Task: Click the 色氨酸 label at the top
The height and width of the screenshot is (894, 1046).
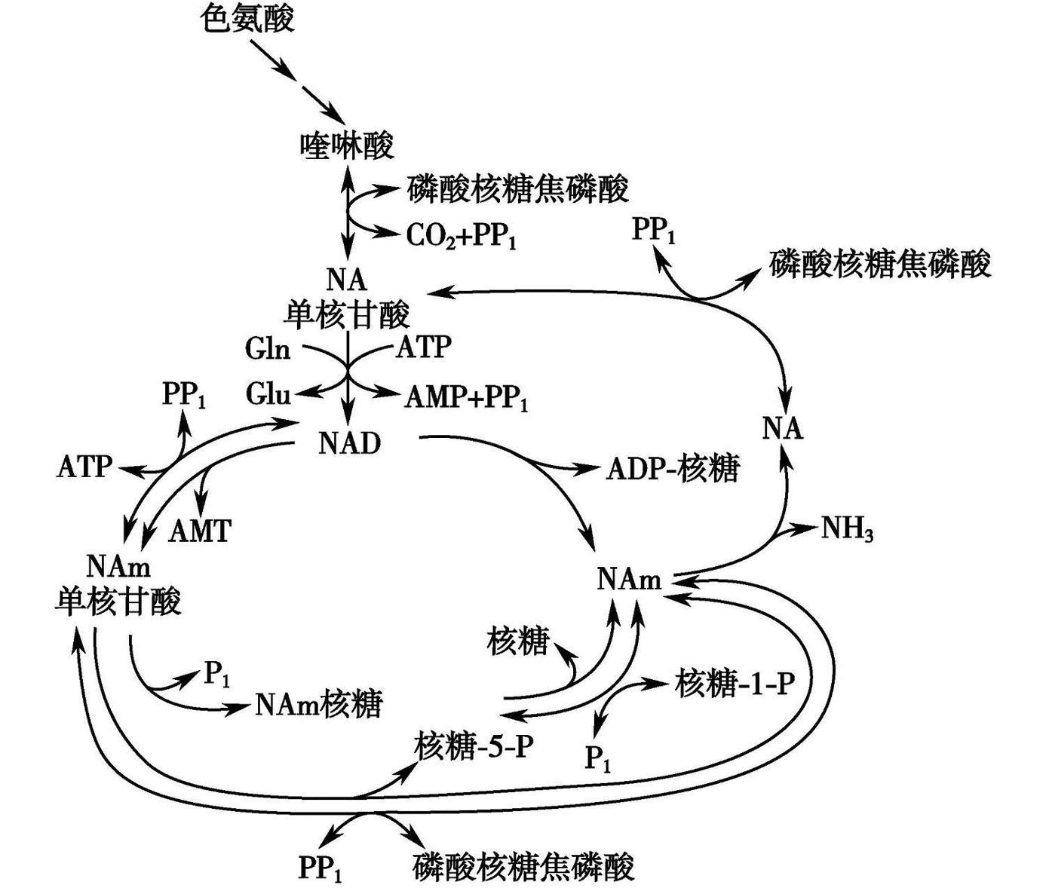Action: click(x=248, y=19)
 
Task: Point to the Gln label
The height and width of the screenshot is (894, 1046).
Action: click(x=268, y=348)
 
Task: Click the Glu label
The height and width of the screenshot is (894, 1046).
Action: click(x=268, y=393)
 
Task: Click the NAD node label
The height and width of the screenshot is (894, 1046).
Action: click(x=349, y=443)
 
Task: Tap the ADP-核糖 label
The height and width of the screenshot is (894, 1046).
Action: click(x=673, y=469)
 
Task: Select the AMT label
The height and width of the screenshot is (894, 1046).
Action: click(x=199, y=531)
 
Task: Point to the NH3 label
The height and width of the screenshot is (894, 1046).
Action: click(x=847, y=529)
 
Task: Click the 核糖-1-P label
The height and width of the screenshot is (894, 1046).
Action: click(x=735, y=684)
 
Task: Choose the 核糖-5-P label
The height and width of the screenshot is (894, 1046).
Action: click(x=474, y=746)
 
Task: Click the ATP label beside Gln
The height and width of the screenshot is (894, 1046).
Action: click(x=424, y=347)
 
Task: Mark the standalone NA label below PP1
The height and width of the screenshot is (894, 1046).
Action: click(x=783, y=428)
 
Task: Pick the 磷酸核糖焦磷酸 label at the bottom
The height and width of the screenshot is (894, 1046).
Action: click(x=523, y=867)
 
